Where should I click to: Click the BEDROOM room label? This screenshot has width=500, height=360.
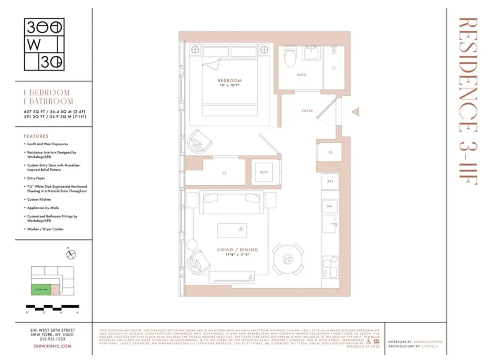point(229,81)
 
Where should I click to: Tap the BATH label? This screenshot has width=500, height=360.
point(301,75)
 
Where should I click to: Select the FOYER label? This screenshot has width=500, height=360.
point(307,111)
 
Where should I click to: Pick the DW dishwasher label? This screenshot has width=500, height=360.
point(329,206)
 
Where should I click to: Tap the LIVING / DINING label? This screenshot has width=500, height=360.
point(237,250)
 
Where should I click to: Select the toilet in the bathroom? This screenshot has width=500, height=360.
point(290,58)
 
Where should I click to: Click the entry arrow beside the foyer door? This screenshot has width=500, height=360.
point(355,111)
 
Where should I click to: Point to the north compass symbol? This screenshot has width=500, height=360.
point(71,254)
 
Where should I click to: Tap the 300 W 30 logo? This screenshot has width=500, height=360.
point(44,44)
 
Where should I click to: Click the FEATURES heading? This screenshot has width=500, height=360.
point(36,136)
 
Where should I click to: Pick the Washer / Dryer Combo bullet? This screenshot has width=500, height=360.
point(46,229)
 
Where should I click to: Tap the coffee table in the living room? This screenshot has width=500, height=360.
point(232,230)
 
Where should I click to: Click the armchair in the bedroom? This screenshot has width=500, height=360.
point(199,141)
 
